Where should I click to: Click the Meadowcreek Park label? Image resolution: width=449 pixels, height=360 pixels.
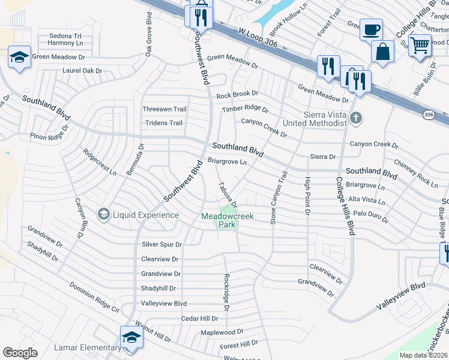[226, 220]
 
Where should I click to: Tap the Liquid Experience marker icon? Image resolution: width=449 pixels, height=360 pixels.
[103, 214]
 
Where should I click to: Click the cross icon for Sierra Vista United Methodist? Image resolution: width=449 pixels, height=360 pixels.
[356, 118]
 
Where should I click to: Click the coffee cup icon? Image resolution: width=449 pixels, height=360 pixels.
[371, 29]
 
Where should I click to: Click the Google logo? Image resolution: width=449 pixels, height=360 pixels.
[20, 353]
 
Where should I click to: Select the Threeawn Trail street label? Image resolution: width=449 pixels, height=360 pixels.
[164, 109]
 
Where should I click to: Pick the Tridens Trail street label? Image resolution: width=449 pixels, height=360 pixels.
[163, 123]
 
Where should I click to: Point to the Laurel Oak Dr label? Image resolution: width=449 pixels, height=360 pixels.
[83, 70]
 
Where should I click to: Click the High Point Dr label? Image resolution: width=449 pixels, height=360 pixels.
[307, 196]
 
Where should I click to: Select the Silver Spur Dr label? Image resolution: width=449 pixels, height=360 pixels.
[161, 245]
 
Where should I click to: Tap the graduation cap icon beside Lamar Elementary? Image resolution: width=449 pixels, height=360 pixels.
[131, 337]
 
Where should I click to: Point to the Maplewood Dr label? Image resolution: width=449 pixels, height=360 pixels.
[221, 331]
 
